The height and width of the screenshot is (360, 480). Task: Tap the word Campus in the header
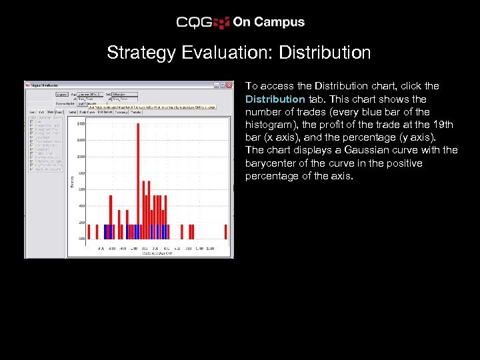tap(277, 22)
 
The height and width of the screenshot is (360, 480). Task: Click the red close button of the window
tap(230, 85)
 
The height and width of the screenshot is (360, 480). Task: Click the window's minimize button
tap(217, 85)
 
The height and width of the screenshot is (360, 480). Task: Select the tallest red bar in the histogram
tap(137, 180)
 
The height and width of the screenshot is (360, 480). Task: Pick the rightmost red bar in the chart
tap(225, 231)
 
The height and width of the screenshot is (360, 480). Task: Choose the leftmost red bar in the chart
tap(89, 231)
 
